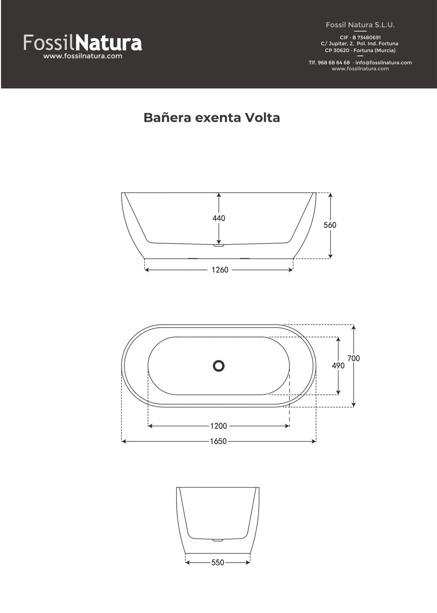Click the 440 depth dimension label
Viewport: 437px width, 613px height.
coord(219,218)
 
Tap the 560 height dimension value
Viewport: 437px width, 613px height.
coord(330,225)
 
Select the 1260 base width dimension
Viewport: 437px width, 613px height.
coord(220,270)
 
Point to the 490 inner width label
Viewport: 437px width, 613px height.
coord(338,366)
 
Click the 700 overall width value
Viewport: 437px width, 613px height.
coord(354,358)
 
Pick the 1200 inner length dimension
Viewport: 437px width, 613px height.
coord(219,426)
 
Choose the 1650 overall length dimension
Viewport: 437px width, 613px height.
coord(218,441)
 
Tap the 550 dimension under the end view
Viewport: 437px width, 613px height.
coord(218,562)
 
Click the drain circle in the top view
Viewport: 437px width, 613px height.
coord(219,366)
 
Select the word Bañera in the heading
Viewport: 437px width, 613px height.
coord(167,118)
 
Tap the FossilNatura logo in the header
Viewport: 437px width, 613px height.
coord(83,43)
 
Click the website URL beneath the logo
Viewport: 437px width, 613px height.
coord(83,56)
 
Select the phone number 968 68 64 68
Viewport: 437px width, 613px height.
coord(334,62)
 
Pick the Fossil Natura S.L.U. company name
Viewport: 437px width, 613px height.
coord(360,25)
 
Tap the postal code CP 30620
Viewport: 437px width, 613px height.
coord(337,50)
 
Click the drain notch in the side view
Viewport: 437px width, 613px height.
coord(219,245)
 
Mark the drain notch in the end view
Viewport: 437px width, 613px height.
coord(218,540)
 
